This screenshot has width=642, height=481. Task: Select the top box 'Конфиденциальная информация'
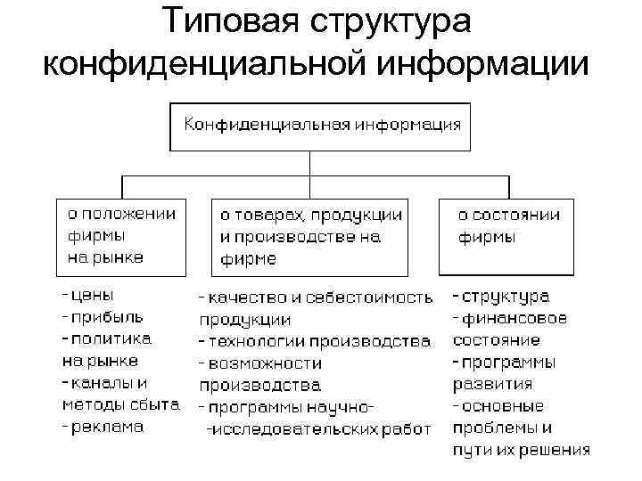pyautogui.click(x=322, y=126)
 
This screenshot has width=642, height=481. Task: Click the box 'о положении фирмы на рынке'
pyautogui.click(x=121, y=235)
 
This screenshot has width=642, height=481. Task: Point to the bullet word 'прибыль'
pyautogui.click(x=107, y=316)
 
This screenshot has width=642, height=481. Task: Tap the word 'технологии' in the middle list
pyautogui.click(x=254, y=341)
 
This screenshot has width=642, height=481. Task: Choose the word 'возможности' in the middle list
pyautogui.click(x=260, y=363)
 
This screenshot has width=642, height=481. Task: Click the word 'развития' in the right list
pyautogui.click(x=493, y=385)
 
